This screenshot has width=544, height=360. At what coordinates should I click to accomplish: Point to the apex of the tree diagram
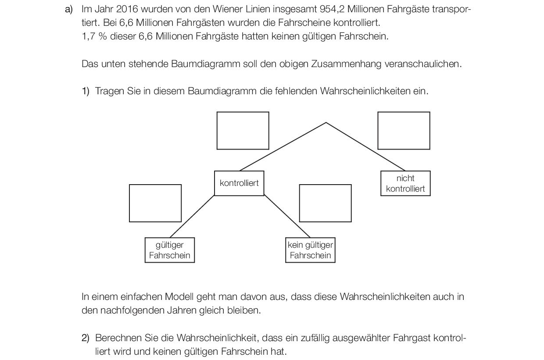326,123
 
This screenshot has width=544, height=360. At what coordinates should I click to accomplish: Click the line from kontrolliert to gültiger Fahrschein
192,217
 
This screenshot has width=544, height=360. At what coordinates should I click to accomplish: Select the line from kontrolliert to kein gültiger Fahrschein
287,217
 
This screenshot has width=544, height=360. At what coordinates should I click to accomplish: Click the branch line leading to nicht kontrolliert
365,146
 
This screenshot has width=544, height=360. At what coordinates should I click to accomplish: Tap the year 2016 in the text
127,9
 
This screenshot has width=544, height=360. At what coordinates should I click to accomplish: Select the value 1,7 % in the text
94,36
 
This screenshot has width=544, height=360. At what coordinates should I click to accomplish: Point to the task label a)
69,10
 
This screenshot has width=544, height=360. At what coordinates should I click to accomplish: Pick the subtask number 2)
86,338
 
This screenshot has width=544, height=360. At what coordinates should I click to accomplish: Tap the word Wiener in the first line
228,9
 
